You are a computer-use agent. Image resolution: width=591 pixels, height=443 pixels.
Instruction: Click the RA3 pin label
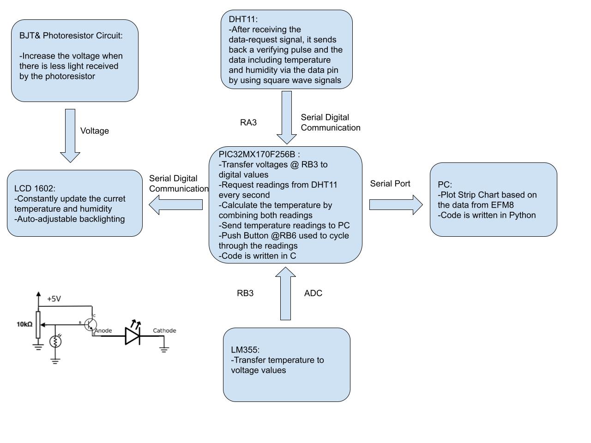coord(248,123)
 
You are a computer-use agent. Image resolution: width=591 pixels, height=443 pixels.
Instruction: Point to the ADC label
coord(313,293)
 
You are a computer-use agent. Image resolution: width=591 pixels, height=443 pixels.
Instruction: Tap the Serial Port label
coord(390,184)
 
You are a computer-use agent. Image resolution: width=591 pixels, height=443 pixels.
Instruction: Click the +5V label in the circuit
coord(54,299)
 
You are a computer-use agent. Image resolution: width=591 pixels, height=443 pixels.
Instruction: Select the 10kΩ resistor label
coord(24,324)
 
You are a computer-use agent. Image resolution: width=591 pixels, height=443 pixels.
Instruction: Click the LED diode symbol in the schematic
coord(133,335)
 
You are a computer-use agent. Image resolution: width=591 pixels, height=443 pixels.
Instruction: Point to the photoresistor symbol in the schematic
coord(55,341)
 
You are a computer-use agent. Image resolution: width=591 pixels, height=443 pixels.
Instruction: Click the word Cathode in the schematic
coord(164,330)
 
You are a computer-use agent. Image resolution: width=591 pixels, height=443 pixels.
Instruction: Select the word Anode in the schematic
coord(103,330)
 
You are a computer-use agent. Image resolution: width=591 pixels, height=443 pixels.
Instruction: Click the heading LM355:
coord(245,350)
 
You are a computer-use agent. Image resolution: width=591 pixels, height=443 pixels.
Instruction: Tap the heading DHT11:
coord(243,19)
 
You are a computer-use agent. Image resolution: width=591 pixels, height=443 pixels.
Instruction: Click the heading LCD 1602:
coord(35,189)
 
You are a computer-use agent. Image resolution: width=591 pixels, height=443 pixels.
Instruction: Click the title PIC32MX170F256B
coord(257,155)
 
